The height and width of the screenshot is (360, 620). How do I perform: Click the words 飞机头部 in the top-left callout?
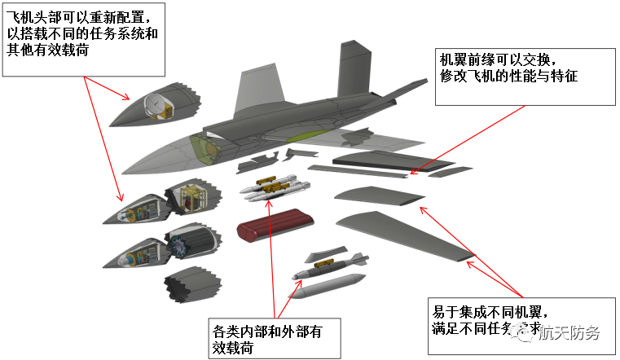pos(37,15)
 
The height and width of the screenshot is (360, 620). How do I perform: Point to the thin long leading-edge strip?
pos(358,170)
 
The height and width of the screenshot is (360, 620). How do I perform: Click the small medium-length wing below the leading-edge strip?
pos(375,195)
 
